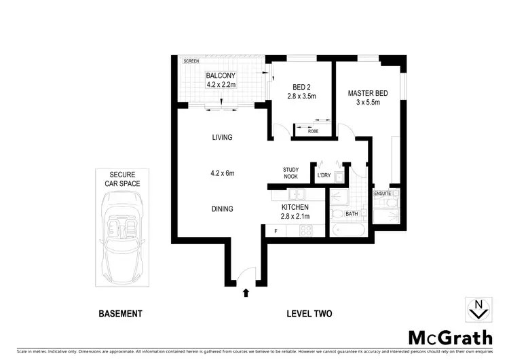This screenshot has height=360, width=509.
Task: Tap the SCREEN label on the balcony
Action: click(x=191, y=61)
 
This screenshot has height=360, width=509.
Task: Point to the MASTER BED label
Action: click(x=368, y=93)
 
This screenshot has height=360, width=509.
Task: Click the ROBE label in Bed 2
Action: click(x=313, y=130)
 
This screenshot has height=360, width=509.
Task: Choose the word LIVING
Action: click(x=221, y=138)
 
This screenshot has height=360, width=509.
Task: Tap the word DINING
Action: click(x=221, y=209)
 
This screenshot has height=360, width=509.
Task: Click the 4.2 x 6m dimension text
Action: click(x=221, y=173)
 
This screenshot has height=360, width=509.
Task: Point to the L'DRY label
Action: click(x=324, y=177)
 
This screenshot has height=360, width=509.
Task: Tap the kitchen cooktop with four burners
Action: click(x=306, y=231)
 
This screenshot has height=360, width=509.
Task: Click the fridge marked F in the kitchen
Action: click(x=276, y=231)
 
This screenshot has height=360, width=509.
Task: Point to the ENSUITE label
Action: click(x=383, y=194)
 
